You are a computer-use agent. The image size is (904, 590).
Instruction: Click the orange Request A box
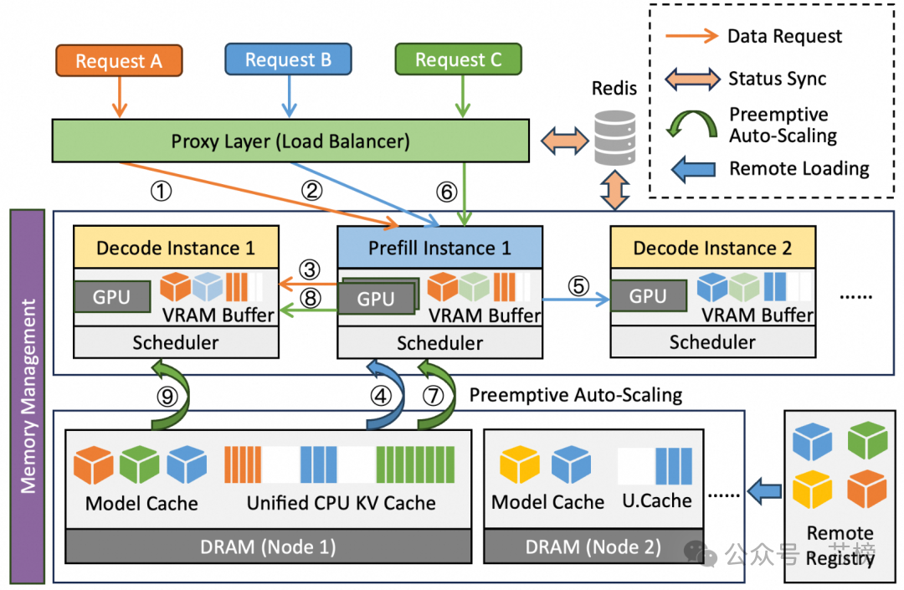119,60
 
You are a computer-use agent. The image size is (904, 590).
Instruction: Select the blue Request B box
289,59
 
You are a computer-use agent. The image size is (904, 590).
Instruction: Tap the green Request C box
458,59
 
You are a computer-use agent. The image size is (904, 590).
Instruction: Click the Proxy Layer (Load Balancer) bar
290,140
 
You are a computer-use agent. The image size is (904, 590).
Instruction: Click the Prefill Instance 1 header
439,248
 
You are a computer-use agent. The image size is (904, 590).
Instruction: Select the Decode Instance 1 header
175,248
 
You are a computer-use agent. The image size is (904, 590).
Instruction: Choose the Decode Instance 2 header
712,248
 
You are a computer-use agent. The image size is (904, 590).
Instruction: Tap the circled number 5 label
578,285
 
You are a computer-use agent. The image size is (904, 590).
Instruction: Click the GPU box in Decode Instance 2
648,296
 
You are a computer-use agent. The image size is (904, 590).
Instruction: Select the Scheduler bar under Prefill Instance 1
439,342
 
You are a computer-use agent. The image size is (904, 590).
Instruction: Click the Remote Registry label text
840,546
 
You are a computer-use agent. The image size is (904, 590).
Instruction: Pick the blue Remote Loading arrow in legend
694,168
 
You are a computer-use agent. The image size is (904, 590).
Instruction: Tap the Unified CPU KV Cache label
341,503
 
